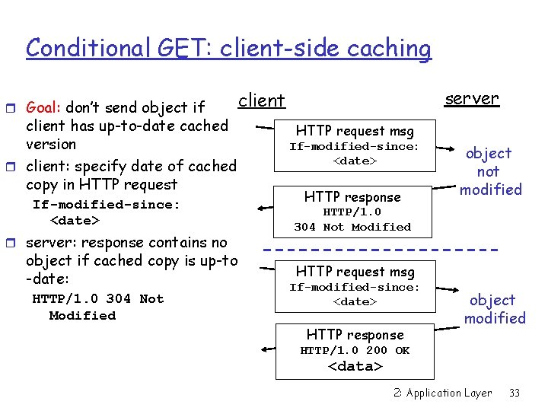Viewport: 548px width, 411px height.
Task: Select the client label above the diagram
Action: (261, 100)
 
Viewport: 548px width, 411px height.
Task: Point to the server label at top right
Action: (472, 98)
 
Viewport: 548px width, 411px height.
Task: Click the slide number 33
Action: (515, 393)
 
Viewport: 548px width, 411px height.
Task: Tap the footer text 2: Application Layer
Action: (442, 393)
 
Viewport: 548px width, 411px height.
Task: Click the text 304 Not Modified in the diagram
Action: (352, 227)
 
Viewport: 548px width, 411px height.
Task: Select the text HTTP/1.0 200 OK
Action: (354, 350)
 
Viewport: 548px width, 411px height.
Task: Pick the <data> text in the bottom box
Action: (354, 366)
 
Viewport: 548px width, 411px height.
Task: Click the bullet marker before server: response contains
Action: (18, 244)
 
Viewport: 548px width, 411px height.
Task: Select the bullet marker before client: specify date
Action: (18, 167)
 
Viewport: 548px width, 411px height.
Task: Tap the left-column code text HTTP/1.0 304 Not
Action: (97, 298)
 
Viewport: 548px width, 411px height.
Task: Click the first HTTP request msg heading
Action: (355, 131)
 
